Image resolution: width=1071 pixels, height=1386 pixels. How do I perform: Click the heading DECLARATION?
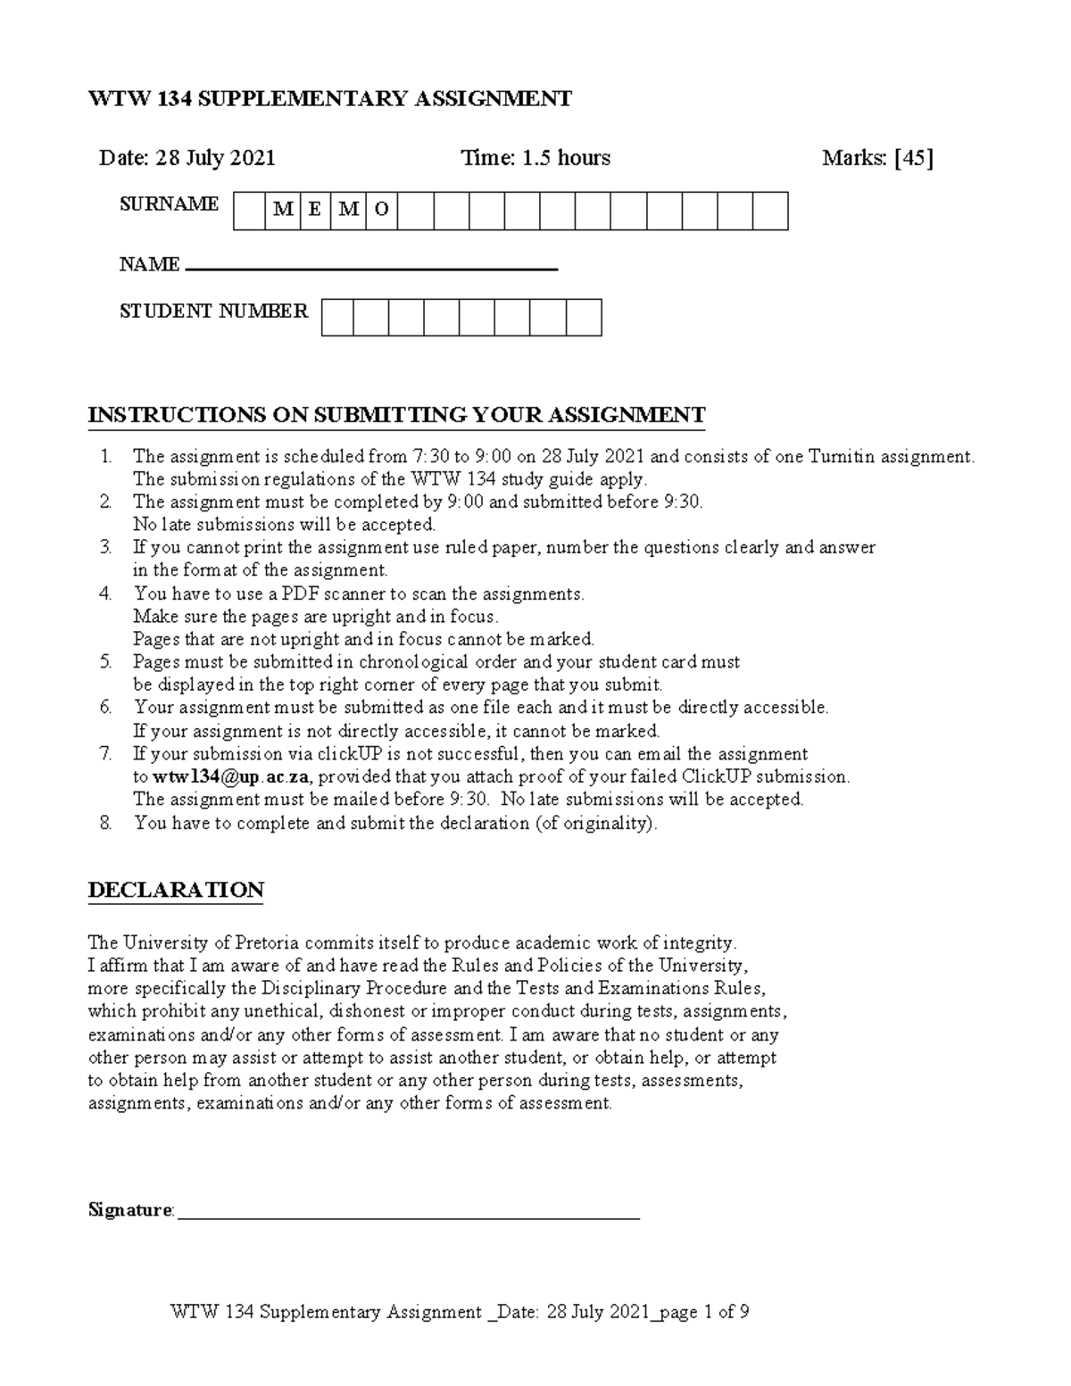176,890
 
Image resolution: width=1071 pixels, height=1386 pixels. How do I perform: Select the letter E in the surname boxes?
315,211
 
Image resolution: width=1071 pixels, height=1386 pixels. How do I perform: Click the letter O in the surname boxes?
382,211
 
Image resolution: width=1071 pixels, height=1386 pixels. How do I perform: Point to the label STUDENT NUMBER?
214,311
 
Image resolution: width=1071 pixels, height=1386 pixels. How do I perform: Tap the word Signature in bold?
130,1210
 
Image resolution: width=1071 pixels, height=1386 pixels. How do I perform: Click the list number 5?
106,662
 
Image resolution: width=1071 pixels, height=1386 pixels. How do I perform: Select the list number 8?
106,823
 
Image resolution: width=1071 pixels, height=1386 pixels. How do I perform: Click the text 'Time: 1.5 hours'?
535,158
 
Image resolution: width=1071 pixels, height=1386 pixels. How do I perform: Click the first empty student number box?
337,318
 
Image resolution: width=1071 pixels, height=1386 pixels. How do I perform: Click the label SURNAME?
170,203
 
